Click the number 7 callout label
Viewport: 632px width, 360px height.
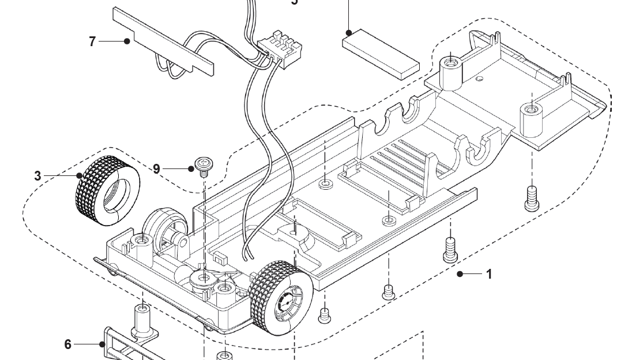[x=92, y=42]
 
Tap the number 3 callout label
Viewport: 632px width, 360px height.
[x=37, y=176]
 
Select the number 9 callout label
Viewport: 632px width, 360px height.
[x=156, y=168]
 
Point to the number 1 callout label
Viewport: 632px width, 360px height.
[x=489, y=274]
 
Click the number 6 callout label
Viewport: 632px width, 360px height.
[x=68, y=344]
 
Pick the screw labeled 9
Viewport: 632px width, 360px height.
[x=203, y=165]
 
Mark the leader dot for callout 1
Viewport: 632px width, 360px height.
[x=460, y=274]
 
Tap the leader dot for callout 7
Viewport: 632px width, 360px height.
[x=126, y=41]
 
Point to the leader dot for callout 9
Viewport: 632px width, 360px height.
[x=190, y=168]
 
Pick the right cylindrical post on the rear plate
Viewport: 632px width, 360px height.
[x=532, y=117]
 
